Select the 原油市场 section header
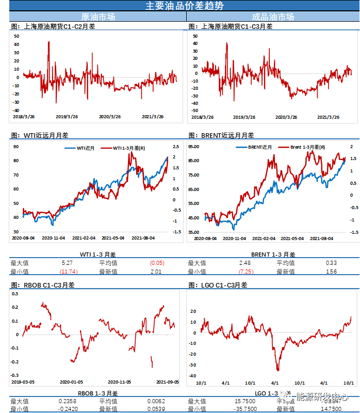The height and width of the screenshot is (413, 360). [x=99, y=17]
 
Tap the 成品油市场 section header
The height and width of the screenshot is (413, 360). [x=273, y=17]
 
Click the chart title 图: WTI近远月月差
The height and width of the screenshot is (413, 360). [x=39, y=135]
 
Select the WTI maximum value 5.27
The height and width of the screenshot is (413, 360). [x=65, y=263]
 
